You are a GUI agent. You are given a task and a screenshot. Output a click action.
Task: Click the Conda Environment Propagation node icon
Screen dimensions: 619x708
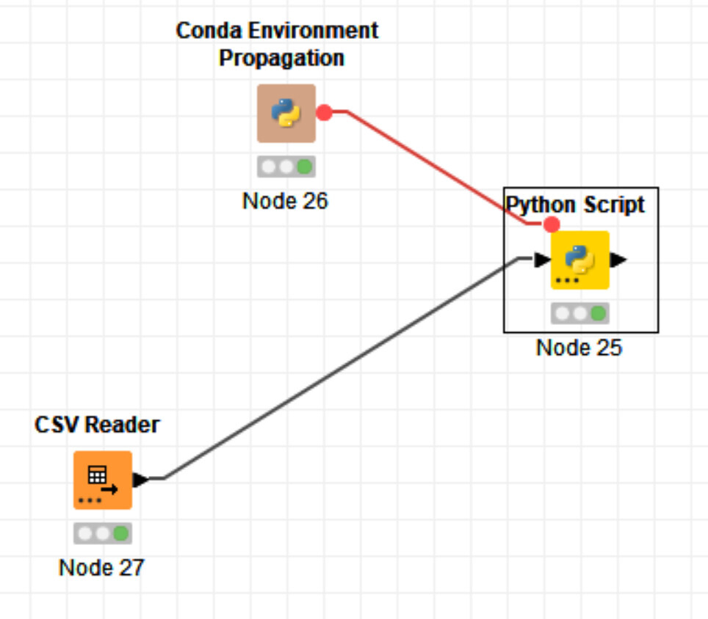tap(286, 113)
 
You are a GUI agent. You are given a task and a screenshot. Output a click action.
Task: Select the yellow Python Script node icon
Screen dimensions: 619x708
tap(580, 260)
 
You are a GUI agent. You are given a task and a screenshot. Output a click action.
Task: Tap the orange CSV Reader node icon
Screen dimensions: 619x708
tap(102, 480)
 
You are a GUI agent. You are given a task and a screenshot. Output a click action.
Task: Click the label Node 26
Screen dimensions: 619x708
tap(285, 200)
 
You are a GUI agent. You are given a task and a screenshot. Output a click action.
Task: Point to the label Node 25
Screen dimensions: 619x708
tap(579, 347)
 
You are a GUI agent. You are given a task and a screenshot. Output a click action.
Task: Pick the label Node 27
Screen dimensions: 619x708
tap(101, 567)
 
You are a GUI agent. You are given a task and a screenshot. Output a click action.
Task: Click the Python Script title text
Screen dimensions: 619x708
tap(576, 205)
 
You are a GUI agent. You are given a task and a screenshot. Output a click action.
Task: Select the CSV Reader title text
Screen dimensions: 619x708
tap(97, 424)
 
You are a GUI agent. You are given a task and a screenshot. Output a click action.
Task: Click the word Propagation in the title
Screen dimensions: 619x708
tap(281, 58)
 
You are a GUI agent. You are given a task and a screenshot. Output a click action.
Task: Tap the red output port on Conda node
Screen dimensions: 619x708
tap(324, 113)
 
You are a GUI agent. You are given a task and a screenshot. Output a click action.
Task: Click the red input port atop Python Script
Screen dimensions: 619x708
tap(552, 224)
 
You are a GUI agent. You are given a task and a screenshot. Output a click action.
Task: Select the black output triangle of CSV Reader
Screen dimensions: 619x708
tap(140, 480)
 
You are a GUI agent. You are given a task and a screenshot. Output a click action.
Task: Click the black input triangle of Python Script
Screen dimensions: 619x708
tap(542, 260)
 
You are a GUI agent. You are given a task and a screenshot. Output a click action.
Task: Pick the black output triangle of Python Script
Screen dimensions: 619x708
tap(618, 260)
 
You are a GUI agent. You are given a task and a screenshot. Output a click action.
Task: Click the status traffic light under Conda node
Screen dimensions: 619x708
tap(286, 166)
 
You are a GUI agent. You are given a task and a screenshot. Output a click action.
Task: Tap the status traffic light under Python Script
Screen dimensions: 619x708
tap(580, 313)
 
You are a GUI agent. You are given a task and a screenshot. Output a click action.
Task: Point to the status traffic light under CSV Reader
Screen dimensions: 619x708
tap(102, 533)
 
